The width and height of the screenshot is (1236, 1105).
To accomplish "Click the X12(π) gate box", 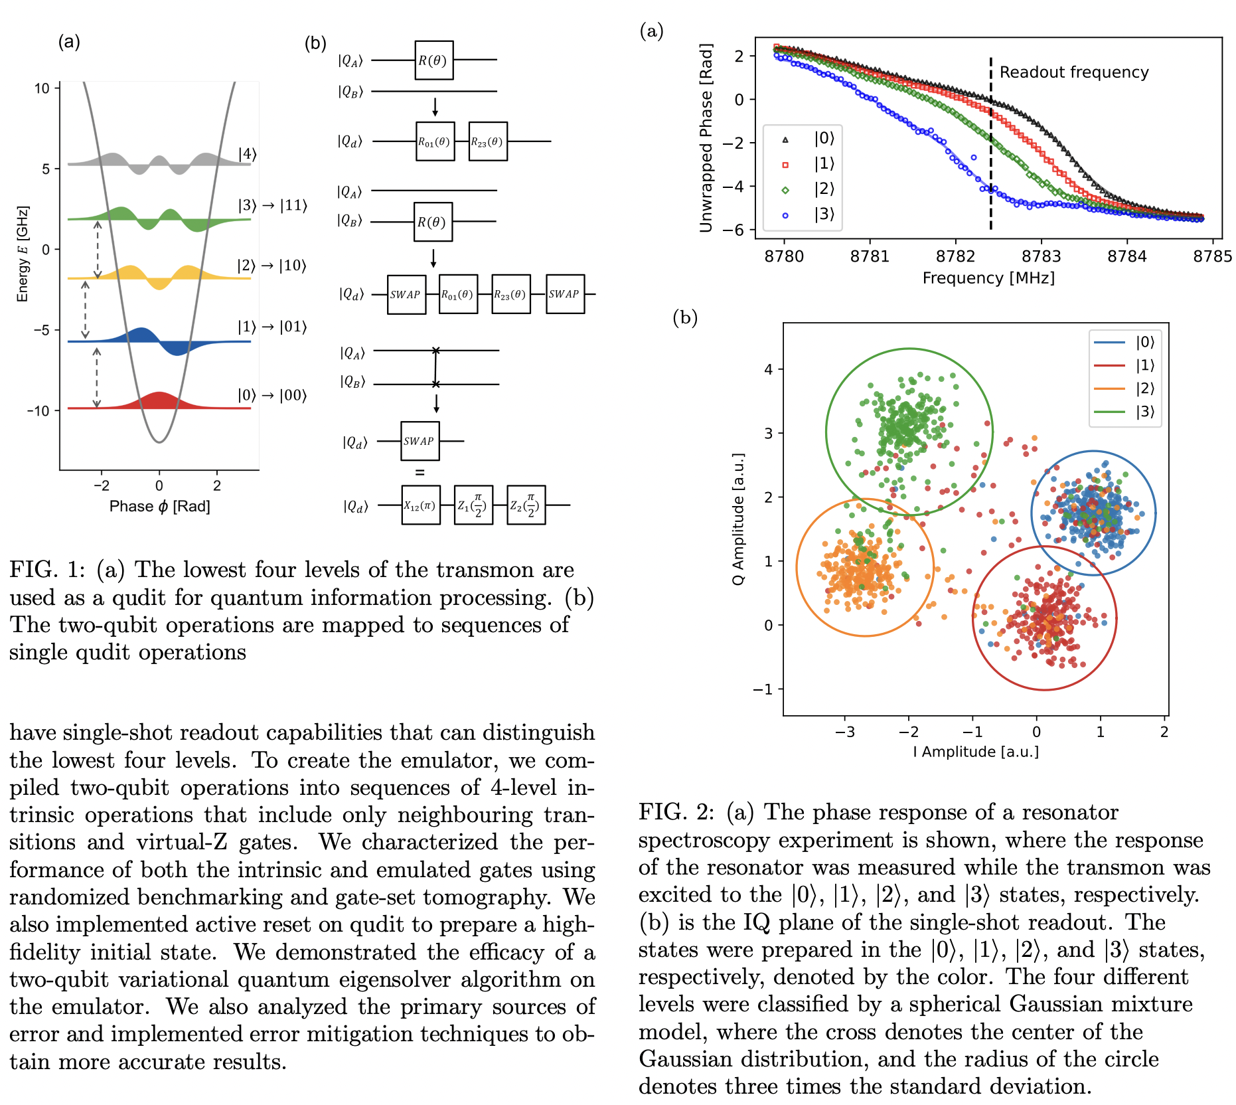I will tap(421, 505).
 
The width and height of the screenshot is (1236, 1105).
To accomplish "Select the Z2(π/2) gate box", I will tap(526, 505).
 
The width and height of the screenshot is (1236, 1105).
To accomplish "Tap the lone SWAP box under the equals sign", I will tap(420, 441).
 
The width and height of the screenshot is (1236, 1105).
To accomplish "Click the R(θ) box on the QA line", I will tap(433, 60).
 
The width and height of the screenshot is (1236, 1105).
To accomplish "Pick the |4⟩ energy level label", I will tap(247, 154).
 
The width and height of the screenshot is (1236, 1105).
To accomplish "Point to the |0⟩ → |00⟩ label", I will tap(272, 395).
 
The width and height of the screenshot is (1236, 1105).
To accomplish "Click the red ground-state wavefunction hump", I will tap(159, 400).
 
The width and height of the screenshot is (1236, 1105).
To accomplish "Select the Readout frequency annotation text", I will tap(1073, 72).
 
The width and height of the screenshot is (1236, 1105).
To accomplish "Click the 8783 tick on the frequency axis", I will tap(1041, 256).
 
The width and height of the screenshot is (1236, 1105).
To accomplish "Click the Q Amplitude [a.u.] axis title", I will tap(738, 519).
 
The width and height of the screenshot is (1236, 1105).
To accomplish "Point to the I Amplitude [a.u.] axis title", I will tap(975, 752).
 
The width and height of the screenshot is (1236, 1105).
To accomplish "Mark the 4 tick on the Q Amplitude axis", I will tap(769, 369).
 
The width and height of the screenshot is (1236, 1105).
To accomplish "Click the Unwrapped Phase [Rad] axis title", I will tap(706, 138).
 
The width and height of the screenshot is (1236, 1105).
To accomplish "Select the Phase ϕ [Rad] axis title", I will tap(159, 507).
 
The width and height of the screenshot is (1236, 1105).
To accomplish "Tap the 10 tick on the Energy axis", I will tap(42, 88).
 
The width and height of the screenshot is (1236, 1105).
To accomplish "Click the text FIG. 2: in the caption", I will tap(676, 812).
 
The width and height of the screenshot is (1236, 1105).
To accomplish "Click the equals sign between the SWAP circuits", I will tap(420, 473).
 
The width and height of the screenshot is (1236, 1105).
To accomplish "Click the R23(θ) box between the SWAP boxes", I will tap(510, 294).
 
